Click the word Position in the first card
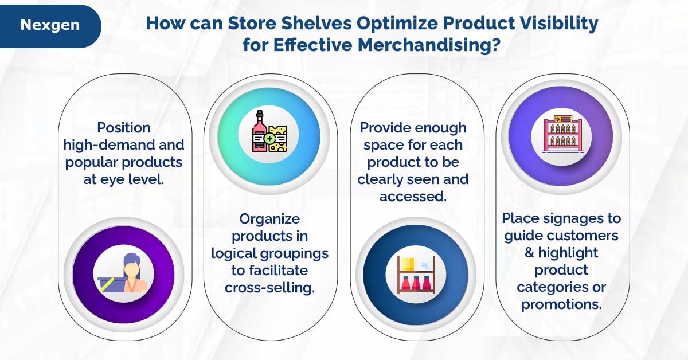click(123, 127)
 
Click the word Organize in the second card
click(269, 218)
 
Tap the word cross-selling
click(269, 287)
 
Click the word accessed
click(413, 196)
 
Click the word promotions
click(561, 304)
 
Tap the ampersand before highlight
click(529, 253)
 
